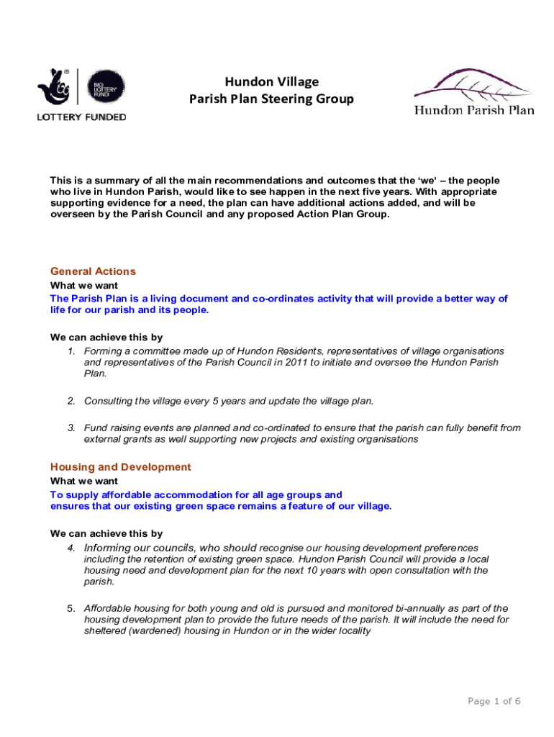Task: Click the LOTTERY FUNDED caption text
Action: [x=81, y=117]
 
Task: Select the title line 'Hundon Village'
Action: [x=271, y=81]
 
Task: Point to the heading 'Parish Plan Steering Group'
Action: [x=271, y=99]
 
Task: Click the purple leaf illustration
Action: [x=471, y=86]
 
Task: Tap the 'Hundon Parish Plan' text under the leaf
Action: [x=473, y=110]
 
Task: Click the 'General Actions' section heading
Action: [x=93, y=271]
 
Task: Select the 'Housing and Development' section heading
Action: [x=120, y=467]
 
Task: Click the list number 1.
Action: [x=72, y=351]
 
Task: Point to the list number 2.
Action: [x=72, y=400]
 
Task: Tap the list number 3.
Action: [x=72, y=428]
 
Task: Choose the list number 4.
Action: [x=72, y=548]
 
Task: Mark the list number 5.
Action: [x=72, y=608]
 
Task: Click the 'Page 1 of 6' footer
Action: [x=494, y=701]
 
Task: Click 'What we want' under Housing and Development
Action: [x=84, y=481]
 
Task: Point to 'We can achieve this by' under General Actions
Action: [x=106, y=337]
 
